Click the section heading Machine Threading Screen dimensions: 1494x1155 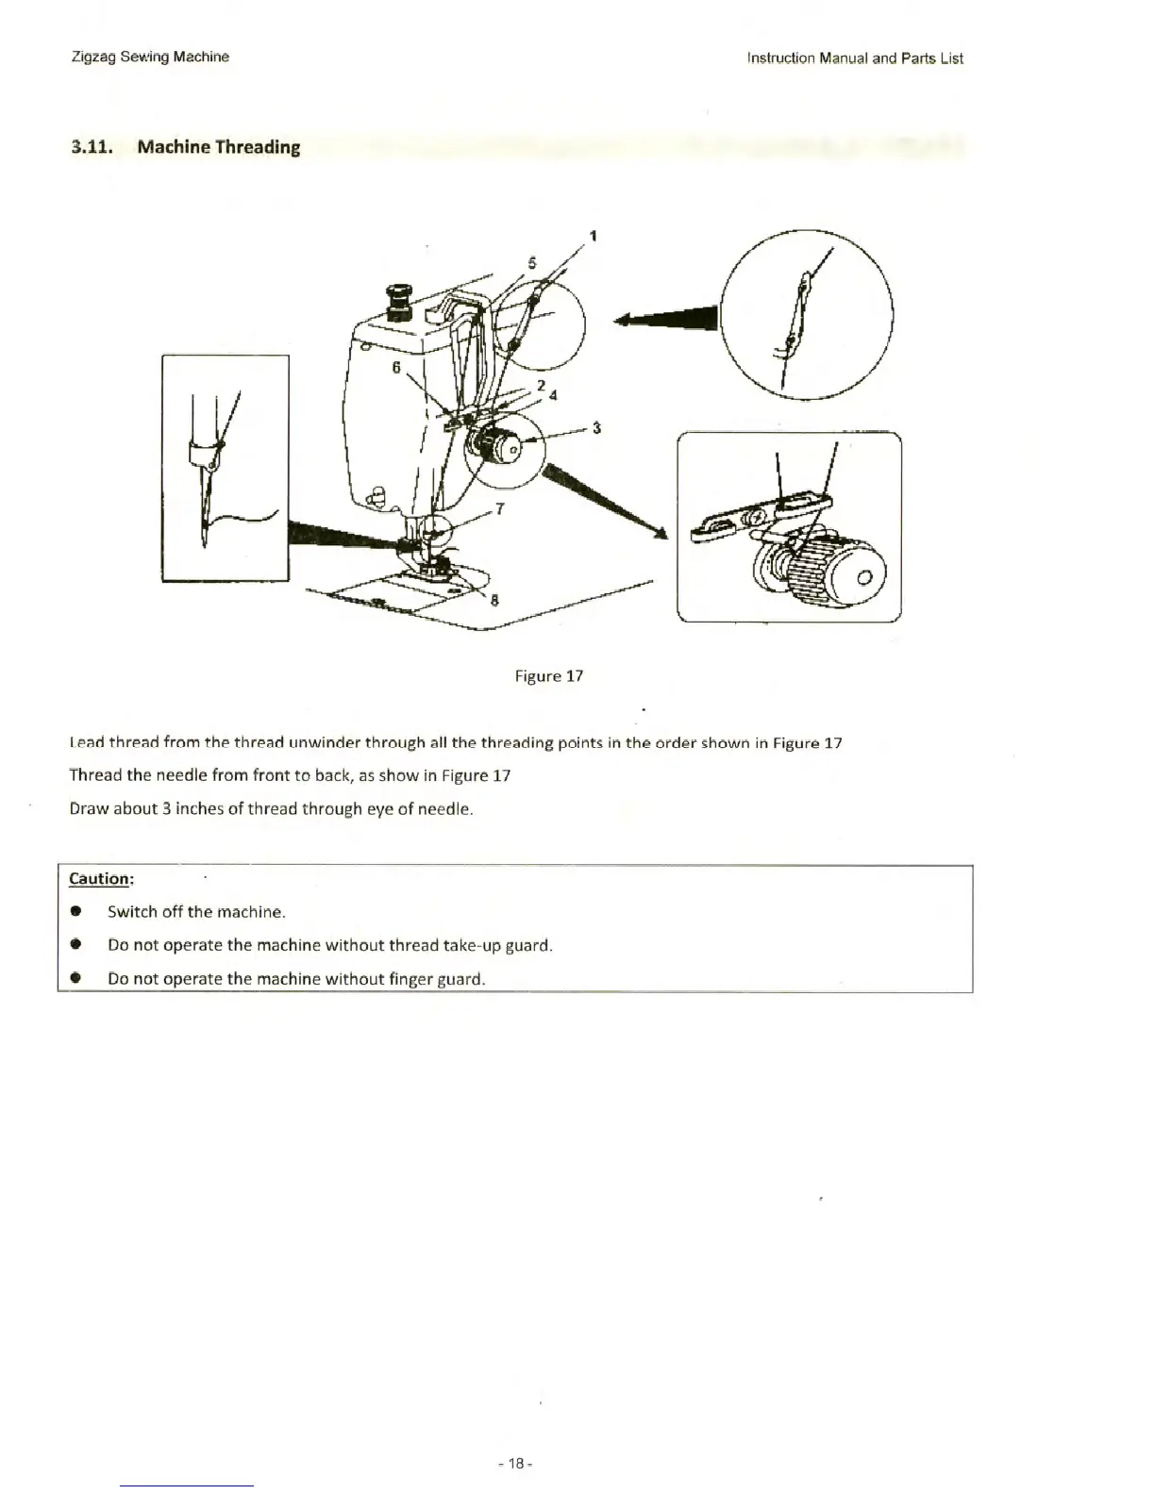(x=218, y=147)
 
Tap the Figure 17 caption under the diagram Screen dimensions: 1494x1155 (x=548, y=676)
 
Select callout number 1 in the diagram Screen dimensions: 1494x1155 (x=593, y=236)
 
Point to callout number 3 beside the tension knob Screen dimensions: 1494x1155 (x=596, y=428)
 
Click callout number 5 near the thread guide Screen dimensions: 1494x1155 (x=532, y=263)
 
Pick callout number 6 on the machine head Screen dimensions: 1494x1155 (x=396, y=366)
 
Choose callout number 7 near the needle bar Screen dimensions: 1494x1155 (x=499, y=509)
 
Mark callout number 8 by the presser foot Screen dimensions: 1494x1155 (x=494, y=600)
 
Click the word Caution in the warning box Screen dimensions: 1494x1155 (x=100, y=879)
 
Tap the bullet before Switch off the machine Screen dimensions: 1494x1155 (x=75, y=912)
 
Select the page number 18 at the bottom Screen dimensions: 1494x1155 (x=515, y=1464)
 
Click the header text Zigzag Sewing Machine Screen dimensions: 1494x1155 (x=150, y=57)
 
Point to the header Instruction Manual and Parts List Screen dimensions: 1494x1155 (x=854, y=58)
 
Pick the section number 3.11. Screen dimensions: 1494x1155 (x=92, y=147)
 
